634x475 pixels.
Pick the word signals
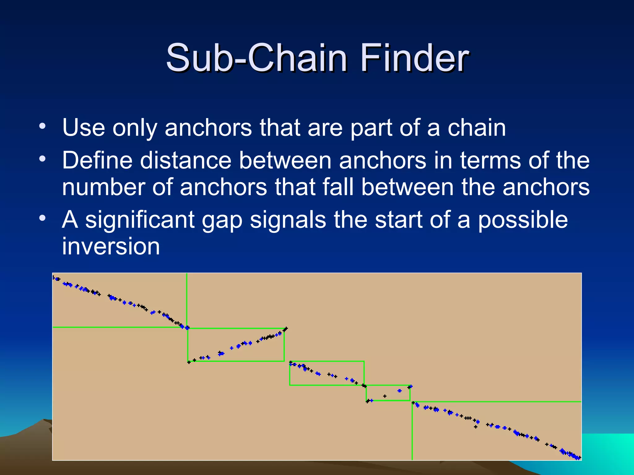(288, 220)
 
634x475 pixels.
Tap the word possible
(523, 220)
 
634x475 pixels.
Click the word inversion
(111, 246)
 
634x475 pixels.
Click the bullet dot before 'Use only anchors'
(42, 126)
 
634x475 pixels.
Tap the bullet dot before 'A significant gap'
(42, 218)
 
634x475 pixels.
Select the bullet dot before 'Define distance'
(42, 160)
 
